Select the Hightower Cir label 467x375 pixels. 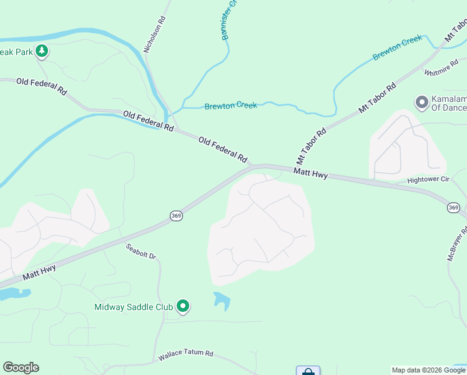click(428, 179)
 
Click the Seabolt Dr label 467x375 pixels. click(140, 252)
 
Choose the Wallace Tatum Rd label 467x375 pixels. click(185, 354)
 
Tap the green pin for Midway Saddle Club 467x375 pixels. click(183, 306)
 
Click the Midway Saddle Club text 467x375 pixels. click(133, 307)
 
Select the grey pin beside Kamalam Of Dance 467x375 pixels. click(421, 101)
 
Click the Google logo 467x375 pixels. click(21, 367)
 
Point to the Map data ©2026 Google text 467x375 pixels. click(428, 370)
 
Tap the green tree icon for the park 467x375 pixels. click(42, 51)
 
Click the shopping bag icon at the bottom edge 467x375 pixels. click(308, 372)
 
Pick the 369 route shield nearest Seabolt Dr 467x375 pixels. click(176, 216)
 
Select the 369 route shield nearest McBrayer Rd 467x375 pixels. click(454, 207)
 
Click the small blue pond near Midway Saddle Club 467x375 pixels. click(221, 301)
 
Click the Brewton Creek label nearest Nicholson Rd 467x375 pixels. click(231, 106)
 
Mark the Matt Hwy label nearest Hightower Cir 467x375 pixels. click(311, 172)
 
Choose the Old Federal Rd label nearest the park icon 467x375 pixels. click(41, 86)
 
